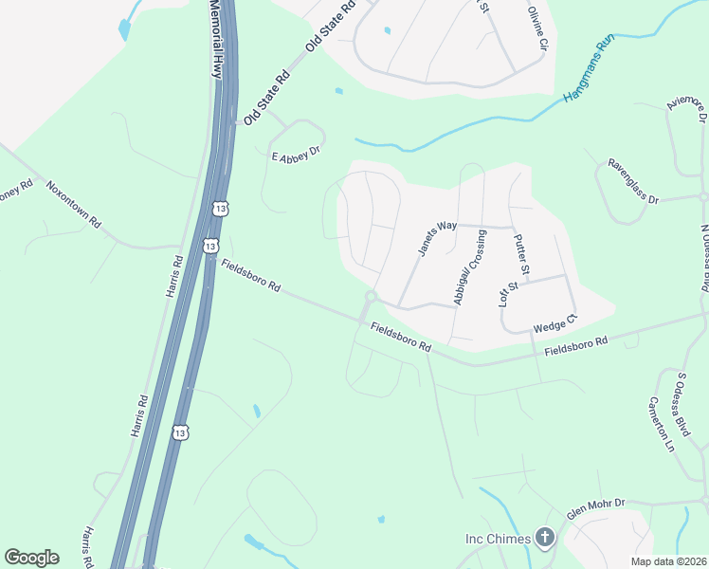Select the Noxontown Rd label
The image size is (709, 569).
click(73, 202)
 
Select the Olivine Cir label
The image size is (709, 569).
click(538, 28)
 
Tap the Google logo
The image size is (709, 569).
click(31, 558)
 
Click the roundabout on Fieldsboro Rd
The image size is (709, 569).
click(371, 298)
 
